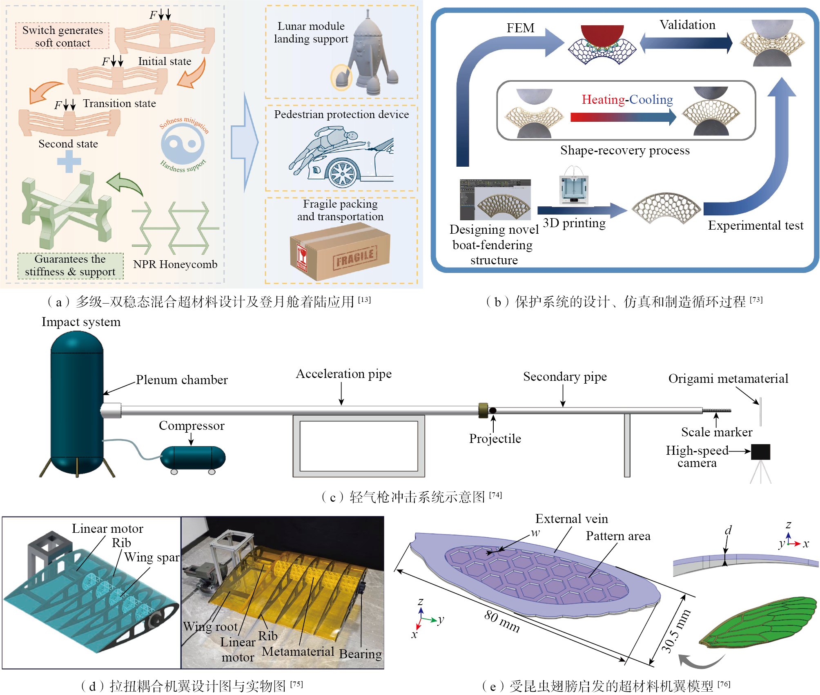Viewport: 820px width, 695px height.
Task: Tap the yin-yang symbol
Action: tap(183, 143)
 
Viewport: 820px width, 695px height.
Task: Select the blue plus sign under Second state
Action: tap(69, 161)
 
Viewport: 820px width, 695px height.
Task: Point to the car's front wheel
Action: tap(342, 174)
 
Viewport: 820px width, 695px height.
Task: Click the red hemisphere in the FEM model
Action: tap(602, 35)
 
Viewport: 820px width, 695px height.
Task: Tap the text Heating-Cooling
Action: tap(627, 99)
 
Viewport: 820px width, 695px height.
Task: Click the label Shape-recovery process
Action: tap(624, 150)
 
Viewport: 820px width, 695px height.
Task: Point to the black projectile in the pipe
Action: tap(493, 411)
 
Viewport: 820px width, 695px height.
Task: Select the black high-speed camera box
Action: tap(760, 452)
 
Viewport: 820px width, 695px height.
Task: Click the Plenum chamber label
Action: tap(182, 380)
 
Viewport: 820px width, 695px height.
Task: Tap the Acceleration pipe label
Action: tap(343, 374)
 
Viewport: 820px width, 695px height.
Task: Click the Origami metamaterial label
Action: tap(728, 379)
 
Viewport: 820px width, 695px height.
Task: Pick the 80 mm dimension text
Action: tap(502, 621)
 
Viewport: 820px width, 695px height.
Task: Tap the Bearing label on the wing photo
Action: tap(360, 654)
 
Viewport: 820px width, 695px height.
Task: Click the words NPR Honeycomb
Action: tap(175, 264)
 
